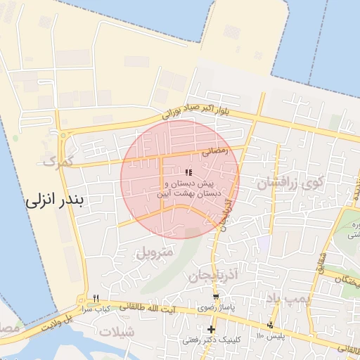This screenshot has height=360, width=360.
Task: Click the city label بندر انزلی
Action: coord(54,200)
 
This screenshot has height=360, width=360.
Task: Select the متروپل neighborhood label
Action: coord(155,250)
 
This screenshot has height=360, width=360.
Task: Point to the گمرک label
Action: coord(58,162)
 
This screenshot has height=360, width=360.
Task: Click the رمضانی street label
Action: coord(215,150)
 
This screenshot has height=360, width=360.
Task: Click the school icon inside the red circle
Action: coord(188,172)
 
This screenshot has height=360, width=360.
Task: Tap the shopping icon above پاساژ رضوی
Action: coord(216,297)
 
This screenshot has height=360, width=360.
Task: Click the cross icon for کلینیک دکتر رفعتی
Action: coord(211,328)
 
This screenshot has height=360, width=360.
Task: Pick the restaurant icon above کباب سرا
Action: coord(96,297)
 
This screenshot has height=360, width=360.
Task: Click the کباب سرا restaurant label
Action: coord(98,309)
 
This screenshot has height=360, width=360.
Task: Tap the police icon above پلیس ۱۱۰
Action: coord(270,324)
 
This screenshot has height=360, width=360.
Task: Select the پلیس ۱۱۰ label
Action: coord(270,336)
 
